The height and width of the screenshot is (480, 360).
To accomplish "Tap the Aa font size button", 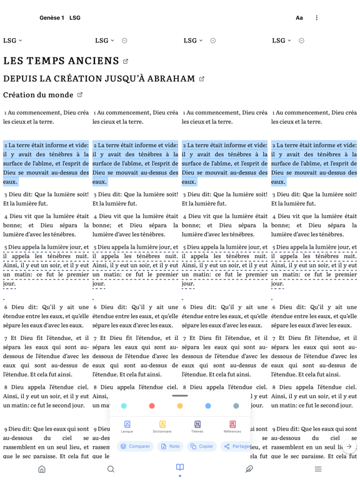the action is pos(299,18).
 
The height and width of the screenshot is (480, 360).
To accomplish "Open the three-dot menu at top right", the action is pos(317,18).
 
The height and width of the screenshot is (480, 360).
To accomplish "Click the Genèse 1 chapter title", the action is pos(52,18).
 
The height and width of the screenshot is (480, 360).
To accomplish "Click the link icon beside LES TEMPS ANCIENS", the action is pos(126,61).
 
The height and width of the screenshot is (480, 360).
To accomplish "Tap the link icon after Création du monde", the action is pos(80,95).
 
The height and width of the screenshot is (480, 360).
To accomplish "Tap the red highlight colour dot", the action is pos(152,406).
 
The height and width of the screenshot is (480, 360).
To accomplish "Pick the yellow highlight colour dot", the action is pos(180,406).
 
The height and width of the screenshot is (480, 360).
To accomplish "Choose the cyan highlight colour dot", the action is pos(124,406).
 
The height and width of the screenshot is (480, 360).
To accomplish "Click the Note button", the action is pos(170,446).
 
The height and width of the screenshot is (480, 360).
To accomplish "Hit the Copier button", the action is pos(202,446).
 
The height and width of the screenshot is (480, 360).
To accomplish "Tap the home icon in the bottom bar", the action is pos(42,469).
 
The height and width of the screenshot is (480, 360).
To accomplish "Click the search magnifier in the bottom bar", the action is pos(111,469).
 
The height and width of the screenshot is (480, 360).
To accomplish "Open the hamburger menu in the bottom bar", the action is pos(318,469).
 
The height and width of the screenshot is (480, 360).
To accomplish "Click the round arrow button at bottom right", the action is pos(349,446).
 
